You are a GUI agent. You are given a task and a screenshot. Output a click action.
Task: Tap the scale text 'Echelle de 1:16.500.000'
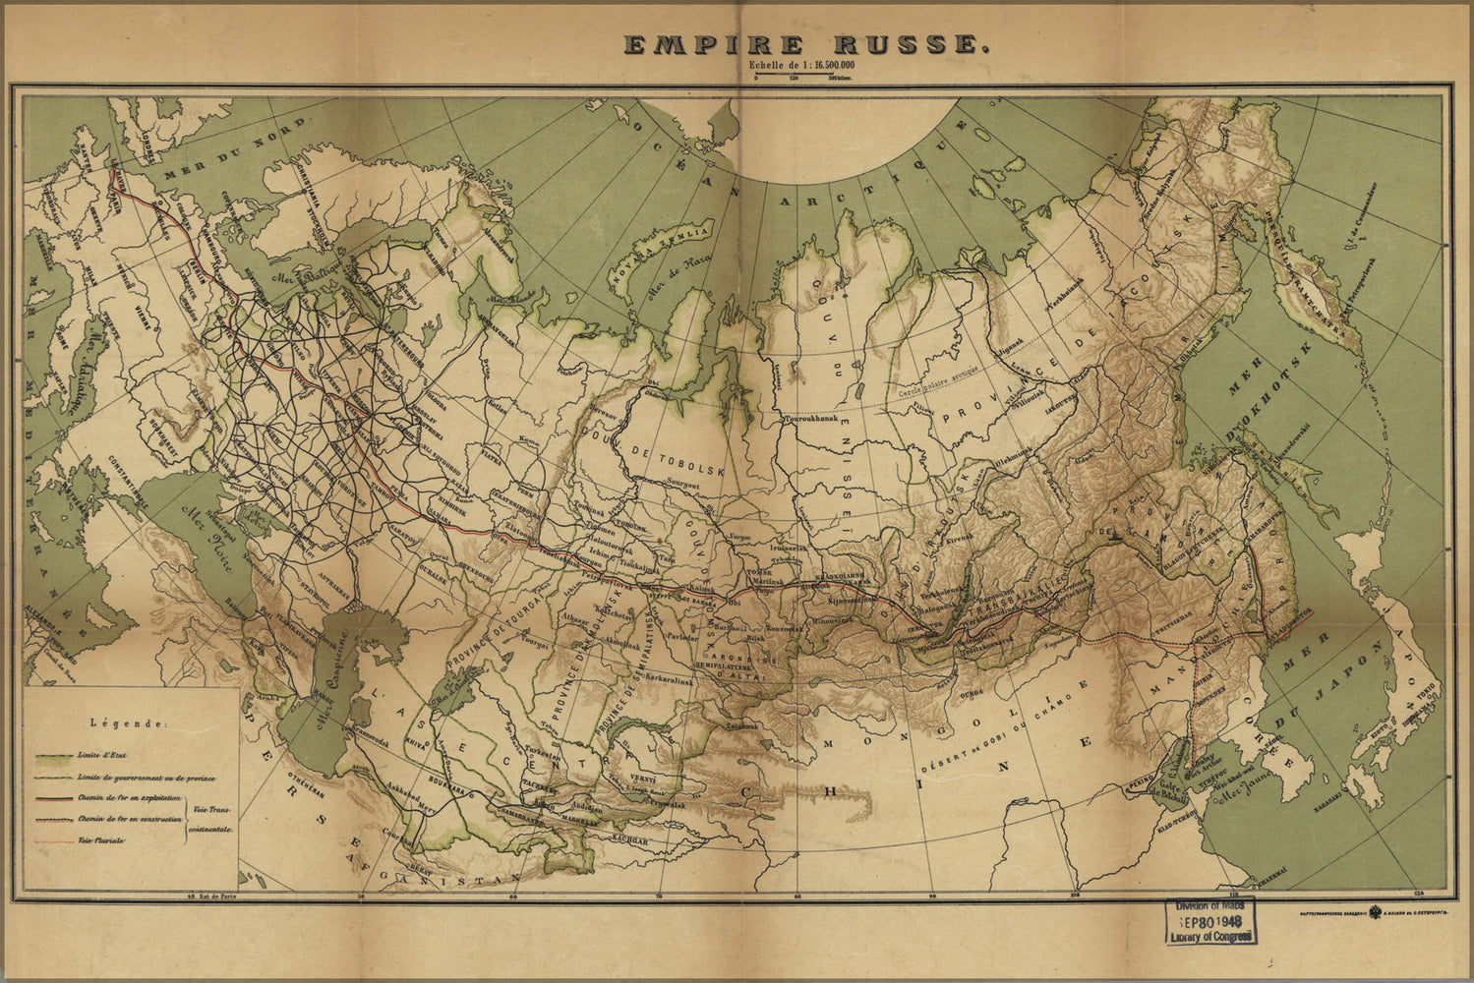pyautogui.click(x=800, y=66)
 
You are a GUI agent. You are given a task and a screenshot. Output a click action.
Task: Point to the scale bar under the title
pyautogui.click(x=801, y=77)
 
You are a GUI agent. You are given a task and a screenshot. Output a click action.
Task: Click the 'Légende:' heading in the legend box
pyautogui.click(x=129, y=723)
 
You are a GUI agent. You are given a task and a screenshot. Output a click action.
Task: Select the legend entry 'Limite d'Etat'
pyautogui.click(x=104, y=758)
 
